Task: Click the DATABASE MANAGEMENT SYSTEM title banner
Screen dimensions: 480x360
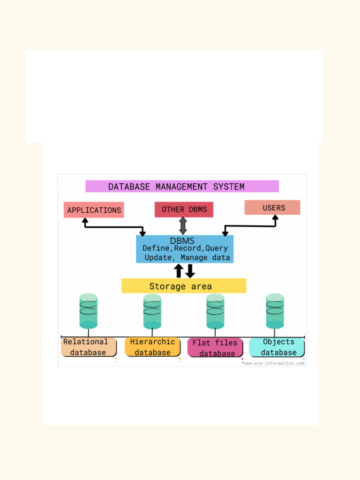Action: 182,187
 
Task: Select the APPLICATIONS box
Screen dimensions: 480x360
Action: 94,210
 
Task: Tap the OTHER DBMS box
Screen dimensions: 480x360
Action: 184,210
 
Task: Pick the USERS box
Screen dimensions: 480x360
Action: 272,208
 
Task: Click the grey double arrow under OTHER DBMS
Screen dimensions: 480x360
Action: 183,225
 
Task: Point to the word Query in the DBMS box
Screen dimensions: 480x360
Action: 217,248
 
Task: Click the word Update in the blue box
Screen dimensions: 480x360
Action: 158,257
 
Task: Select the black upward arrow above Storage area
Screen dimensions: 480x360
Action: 179,270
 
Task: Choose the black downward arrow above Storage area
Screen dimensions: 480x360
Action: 190,270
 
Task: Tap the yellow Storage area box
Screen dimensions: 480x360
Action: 183,286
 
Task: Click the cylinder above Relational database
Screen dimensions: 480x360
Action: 89,311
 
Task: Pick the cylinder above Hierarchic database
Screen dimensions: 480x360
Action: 152,311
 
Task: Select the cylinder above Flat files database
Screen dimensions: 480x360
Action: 215,311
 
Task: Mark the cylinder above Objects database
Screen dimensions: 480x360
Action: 275,311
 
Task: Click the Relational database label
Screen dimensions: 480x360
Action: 88,347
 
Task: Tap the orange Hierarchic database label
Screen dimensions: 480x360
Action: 152,347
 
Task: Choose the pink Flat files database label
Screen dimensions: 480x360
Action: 215,348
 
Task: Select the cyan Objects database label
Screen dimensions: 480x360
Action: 277,347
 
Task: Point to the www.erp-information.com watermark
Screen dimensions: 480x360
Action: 274,363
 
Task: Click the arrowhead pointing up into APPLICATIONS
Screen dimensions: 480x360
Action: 85,220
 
